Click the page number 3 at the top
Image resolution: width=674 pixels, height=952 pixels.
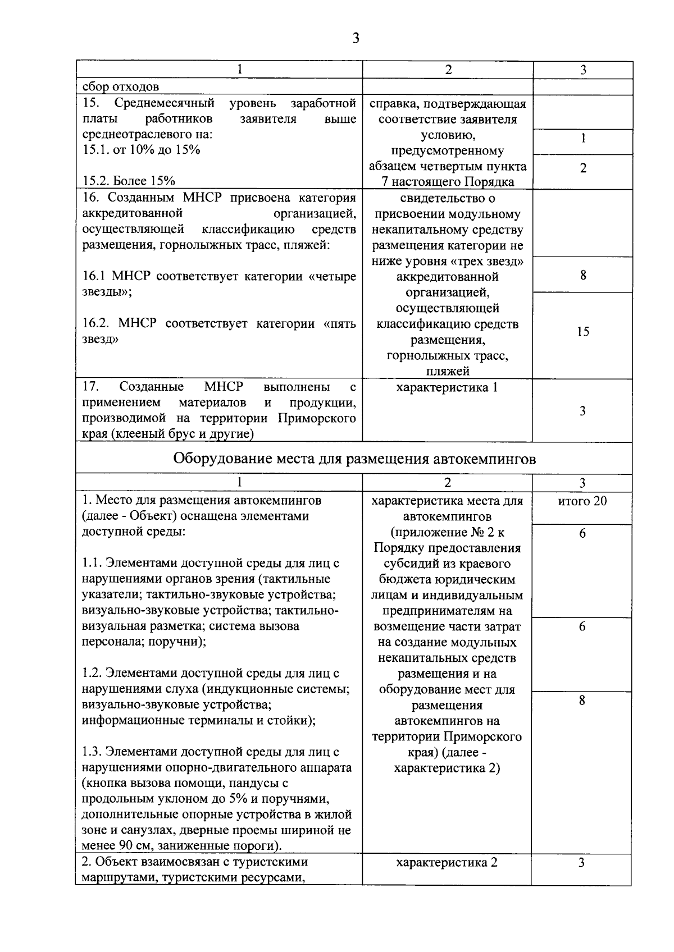(x=355, y=38)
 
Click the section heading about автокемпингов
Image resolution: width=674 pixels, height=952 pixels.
(x=354, y=459)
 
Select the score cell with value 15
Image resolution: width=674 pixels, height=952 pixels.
(x=583, y=332)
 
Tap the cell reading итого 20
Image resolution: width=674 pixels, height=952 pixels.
(x=582, y=501)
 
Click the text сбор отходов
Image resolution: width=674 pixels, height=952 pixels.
(x=121, y=87)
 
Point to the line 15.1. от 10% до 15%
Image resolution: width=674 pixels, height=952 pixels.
(x=142, y=150)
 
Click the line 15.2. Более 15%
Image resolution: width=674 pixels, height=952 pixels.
(x=129, y=181)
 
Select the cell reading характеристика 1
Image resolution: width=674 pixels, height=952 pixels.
(x=447, y=387)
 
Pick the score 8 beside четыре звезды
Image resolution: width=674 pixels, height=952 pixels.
(x=583, y=275)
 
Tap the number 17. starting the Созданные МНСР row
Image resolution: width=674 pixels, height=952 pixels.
(x=90, y=387)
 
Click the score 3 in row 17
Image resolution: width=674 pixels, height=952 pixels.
(x=583, y=411)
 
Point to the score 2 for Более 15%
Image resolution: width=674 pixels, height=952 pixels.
(x=583, y=168)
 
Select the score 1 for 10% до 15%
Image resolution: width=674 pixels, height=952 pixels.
(x=583, y=139)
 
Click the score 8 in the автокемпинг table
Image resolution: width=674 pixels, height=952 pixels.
(x=582, y=701)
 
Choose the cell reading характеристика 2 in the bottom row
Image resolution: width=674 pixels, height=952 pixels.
(x=447, y=863)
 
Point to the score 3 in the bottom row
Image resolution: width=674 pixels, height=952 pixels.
(x=582, y=863)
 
